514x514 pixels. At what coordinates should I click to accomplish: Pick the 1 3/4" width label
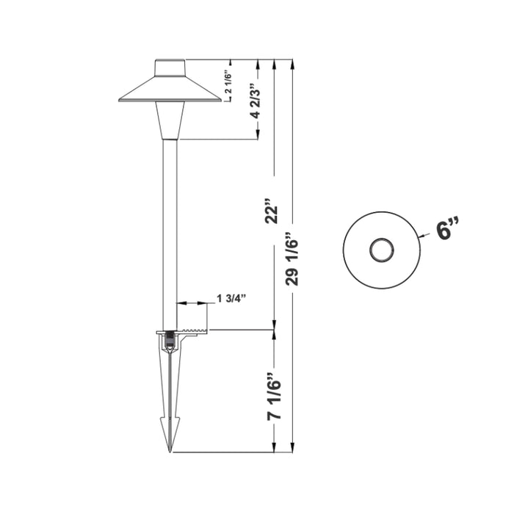click(231, 298)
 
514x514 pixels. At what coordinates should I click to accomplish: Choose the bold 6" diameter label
click(446, 231)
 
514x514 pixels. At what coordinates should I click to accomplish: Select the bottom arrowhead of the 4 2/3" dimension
click(258, 134)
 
